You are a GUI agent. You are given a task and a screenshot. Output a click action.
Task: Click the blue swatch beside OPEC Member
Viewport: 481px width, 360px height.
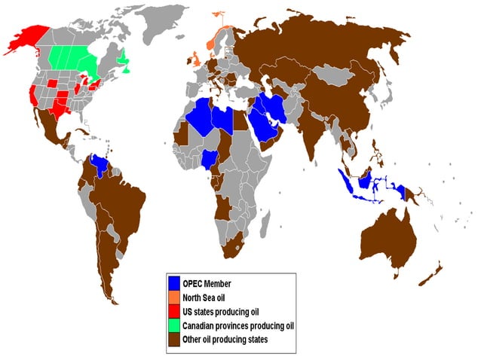[x=174, y=283]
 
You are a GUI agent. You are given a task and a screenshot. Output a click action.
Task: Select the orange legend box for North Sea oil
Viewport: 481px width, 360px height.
[x=174, y=297]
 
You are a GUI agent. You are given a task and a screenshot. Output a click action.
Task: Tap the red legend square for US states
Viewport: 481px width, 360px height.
[x=174, y=311]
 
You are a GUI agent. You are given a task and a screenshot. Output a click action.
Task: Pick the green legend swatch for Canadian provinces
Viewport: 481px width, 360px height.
[x=174, y=325]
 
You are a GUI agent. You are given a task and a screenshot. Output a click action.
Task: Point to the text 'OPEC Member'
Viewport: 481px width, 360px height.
[x=207, y=283]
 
